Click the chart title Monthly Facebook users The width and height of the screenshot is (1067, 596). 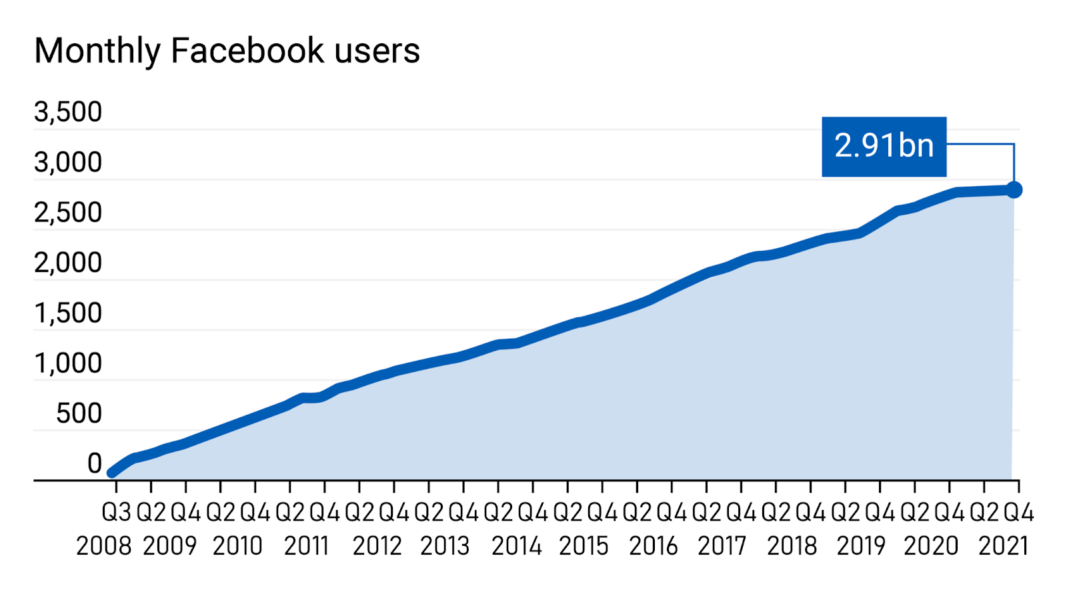pyautogui.click(x=227, y=51)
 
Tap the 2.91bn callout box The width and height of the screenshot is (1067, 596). pyautogui.click(x=884, y=147)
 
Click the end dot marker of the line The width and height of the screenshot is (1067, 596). pyautogui.click(x=1014, y=190)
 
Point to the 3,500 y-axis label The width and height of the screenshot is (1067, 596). pyautogui.click(x=68, y=112)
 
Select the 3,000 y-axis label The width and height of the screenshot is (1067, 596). pyautogui.click(x=68, y=163)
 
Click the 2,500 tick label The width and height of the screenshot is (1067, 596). pyautogui.click(x=68, y=213)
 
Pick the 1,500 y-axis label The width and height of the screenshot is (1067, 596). pyautogui.click(x=68, y=313)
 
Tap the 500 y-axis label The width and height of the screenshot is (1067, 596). pyautogui.click(x=79, y=414)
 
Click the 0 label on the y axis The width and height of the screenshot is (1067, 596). pyautogui.click(x=95, y=464)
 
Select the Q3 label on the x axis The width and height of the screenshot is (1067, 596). pyautogui.click(x=117, y=513)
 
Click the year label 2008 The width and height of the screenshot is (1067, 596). pyautogui.click(x=103, y=546)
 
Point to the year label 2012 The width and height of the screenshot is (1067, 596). pyautogui.click(x=377, y=546)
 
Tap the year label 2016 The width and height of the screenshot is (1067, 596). pyautogui.click(x=653, y=546)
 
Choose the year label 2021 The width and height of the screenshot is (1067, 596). pyautogui.click(x=1004, y=546)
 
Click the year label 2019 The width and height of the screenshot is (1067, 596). pyautogui.click(x=861, y=546)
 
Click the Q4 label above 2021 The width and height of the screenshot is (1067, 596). pyautogui.click(x=1018, y=513)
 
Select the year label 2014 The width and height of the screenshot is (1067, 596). pyautogui.click(x=516, y=546)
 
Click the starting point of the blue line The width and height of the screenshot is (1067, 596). pyautogui.click(x=111, y=473)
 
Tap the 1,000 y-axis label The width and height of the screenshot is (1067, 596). pyautogui.click(x=68, y=364)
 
